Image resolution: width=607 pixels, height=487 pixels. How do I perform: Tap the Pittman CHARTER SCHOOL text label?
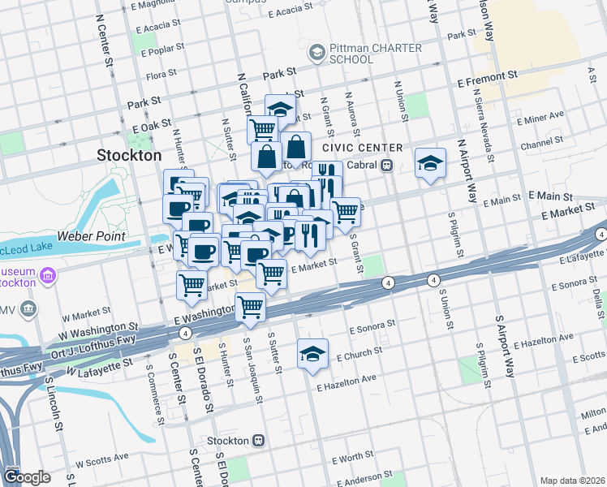click(375, 54)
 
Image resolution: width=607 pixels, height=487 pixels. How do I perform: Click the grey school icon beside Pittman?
click(316, 54)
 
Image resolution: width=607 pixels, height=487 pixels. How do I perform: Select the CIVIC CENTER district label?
click(362, 148)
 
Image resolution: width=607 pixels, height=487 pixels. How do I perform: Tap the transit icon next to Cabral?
click(388, 166)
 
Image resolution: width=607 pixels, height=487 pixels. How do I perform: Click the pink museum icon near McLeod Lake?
click(48, 276)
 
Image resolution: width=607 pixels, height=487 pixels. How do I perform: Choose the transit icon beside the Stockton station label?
click(259, 440)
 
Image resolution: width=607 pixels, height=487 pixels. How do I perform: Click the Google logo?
click(27, 477)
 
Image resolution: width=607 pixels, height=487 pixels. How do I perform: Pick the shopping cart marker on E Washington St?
click(251, 308)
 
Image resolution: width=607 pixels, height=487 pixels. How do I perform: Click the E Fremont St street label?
click(487, 83)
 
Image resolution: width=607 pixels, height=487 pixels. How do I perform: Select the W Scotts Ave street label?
click(101, 461)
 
